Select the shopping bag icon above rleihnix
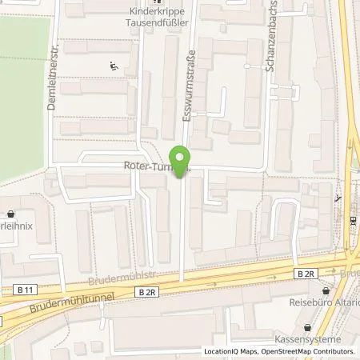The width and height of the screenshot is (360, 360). pos(10,214)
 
